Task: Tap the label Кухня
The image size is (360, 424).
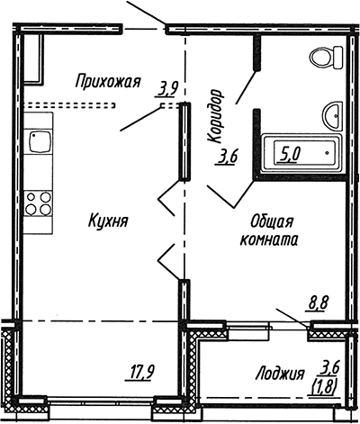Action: (107, 221)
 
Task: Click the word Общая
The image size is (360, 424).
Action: (270, 222)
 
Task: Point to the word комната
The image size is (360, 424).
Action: (270, 240)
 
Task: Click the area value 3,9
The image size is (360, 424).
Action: (167, 88)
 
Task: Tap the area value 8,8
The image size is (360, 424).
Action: (318, 303)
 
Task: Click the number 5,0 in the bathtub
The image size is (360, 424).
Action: (290, 154)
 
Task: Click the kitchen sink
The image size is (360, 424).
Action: (38, 141)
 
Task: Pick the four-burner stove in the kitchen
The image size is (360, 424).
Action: (37, 201)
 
